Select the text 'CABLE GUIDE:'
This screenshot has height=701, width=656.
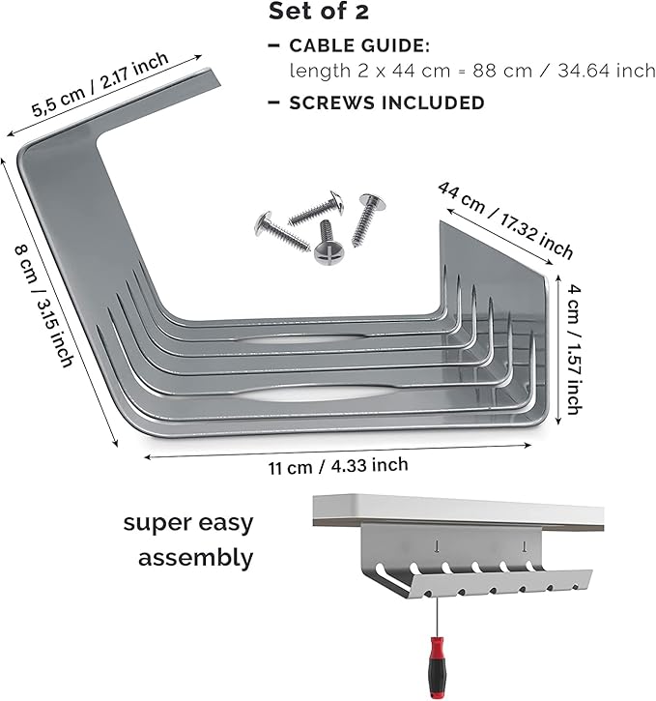359,45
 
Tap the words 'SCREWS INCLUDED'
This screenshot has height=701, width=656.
386,102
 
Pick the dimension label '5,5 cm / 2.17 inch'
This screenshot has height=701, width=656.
100,84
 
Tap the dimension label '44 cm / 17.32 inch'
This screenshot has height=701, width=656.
504,219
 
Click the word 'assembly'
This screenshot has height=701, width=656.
195,558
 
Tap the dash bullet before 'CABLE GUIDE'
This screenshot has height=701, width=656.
273,45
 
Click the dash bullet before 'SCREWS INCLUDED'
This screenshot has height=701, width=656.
273,102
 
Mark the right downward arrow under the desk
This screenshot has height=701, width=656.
525,547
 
